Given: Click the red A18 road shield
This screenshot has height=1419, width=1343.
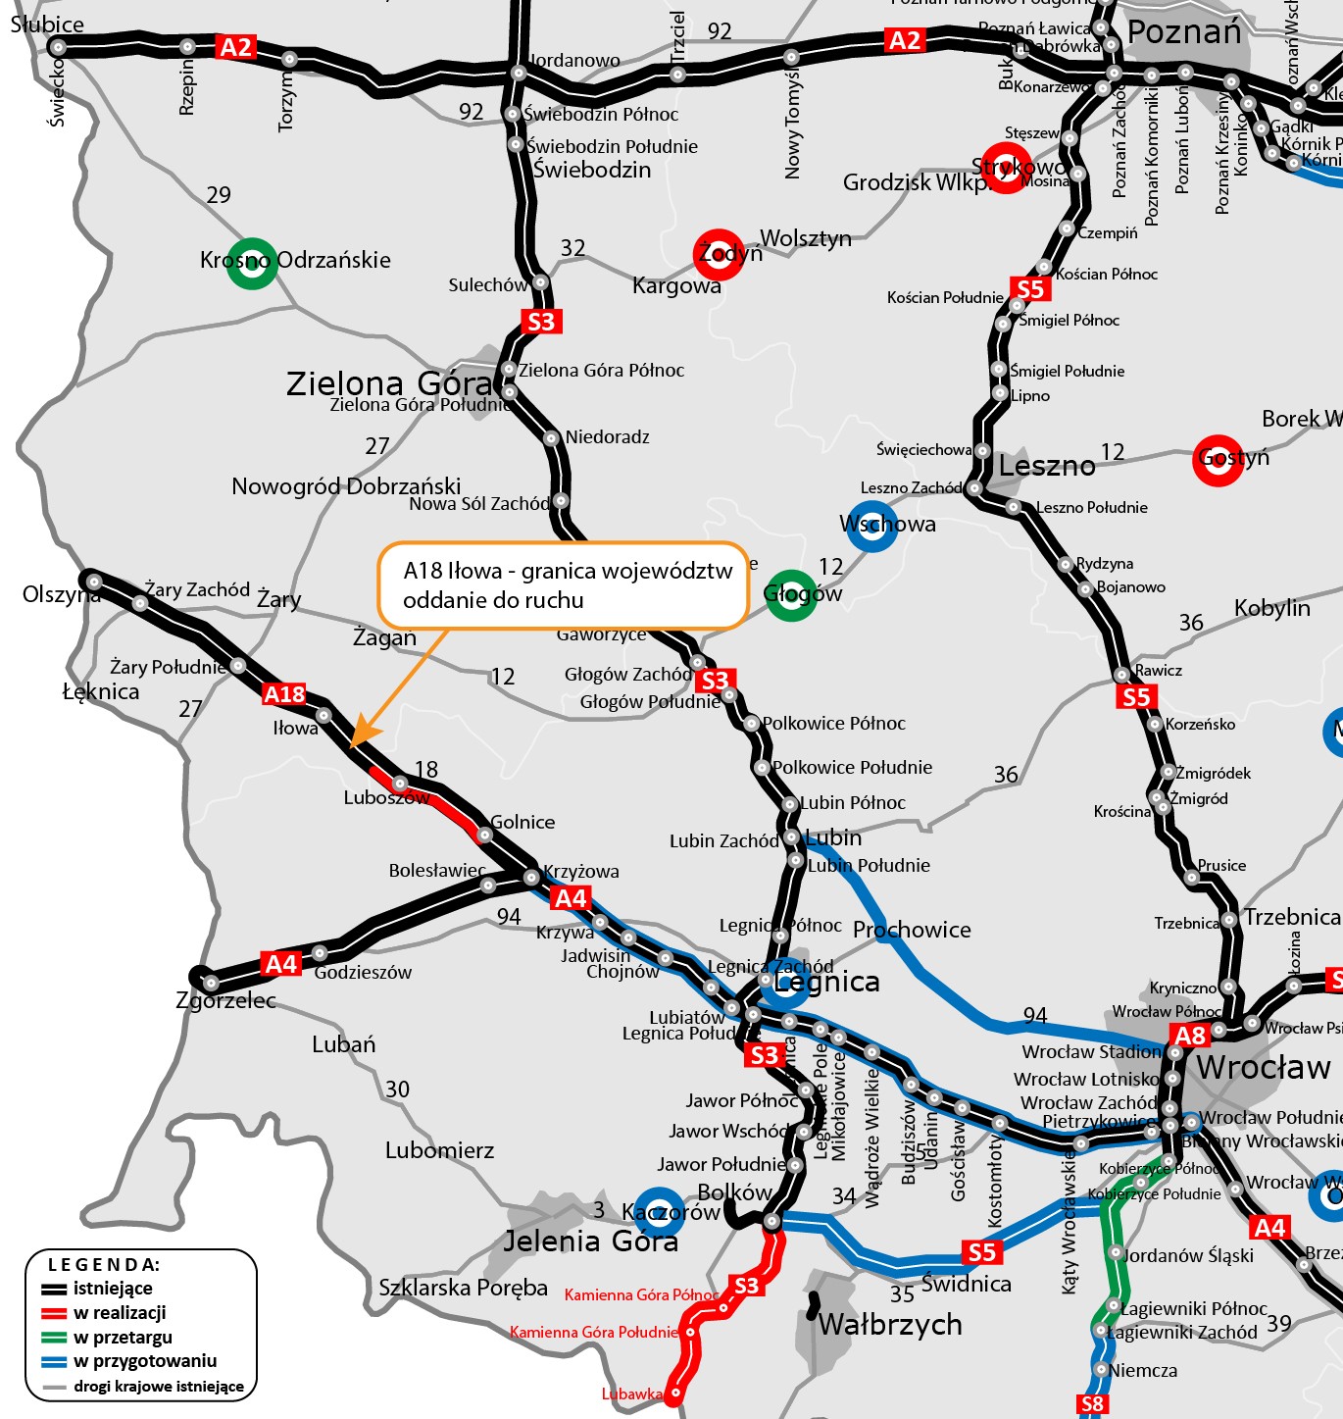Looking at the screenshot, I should pyautogui.click(x=284, y=694).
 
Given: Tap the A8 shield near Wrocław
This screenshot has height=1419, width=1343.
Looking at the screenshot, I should pyautogui.click(x=1189, y=1036).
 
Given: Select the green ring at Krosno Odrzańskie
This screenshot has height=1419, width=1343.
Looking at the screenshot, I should pyautogui.click(x=252, y=264).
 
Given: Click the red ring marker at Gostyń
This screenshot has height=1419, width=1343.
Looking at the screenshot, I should pyautogui.click(x=1218, y=459).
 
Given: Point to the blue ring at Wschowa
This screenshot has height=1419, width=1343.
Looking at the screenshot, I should pyautogui.click(x=871, y=526).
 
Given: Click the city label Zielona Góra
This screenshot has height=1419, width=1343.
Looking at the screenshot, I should pyautogui.click(x=388, y=383).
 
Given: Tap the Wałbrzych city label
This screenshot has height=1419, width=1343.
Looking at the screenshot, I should pyautogui.click(x=890, y=1325).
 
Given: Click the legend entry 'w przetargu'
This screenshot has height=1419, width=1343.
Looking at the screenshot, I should pyautogui.click(x=122, y=1337).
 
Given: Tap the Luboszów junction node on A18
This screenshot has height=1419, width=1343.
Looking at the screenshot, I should pyautogui.click(x=400, y=784).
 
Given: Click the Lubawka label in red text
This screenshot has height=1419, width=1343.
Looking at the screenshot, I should pyautogui.click(x=631, y=1394).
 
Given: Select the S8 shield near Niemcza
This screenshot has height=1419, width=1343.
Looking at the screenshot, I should pyautogui.click(x=1092, y=1404).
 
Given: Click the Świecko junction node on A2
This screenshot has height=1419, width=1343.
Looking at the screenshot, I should pyautogui.click(x=58, y=46).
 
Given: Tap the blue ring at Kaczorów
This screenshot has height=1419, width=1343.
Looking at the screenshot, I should pyautogui.click(x=660, y=1211).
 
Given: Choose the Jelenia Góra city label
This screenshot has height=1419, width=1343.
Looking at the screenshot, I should pyautogui.click(x=590, y=1242).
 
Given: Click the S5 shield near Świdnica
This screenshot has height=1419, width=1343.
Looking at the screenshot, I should pyautogui.click(x=981, y=1252).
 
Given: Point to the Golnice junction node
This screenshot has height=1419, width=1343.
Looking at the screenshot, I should pyautogui.click(x=484, y=835).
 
